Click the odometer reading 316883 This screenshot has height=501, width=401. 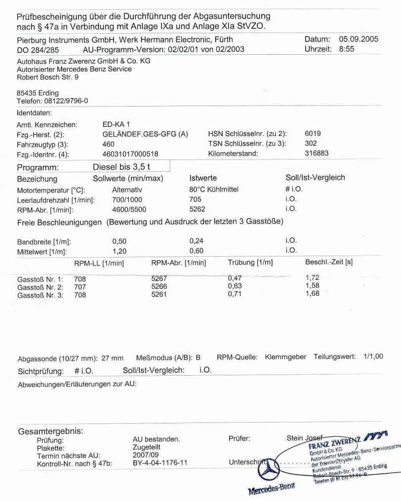click(317, 154)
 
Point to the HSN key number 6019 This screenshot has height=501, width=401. click(313, 134)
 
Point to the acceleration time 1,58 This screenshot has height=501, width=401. click(313, 286)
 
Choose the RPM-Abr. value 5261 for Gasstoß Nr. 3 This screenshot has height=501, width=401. click(160, 295)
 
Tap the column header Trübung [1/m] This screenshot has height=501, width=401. click(250, 263)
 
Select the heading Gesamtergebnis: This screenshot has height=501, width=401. click(50, 430)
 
